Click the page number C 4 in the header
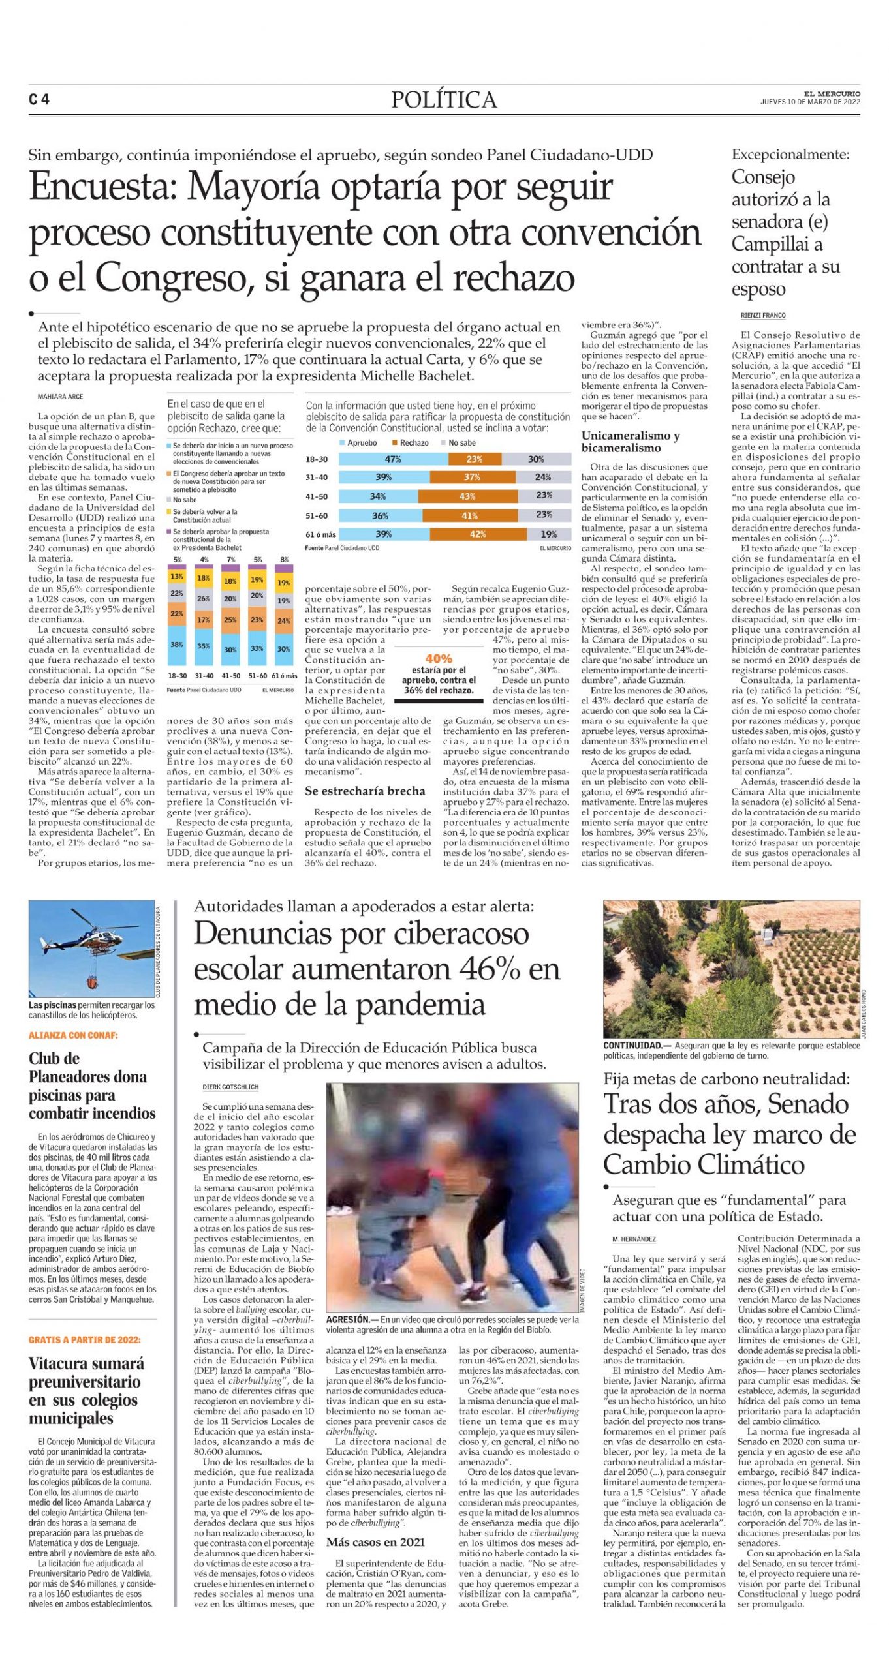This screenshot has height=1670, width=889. tap(39, 100)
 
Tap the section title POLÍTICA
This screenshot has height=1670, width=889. tap(444, 100)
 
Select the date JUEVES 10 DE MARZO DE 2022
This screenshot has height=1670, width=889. tap(810, 102)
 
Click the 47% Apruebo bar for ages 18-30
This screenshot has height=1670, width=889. tap(393, 459)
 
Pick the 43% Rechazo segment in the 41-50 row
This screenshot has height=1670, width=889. tap(468, 496)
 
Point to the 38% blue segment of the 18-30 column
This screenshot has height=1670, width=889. tap(177, 645)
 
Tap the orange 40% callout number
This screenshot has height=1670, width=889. tap(439, 659)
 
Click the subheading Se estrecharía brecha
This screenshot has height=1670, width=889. tap(365, 791)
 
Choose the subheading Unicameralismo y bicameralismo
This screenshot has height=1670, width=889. tap(631, 442)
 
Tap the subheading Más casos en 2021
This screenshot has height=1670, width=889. tap(375, 1542)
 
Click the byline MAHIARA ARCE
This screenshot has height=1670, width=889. tap(60, 397)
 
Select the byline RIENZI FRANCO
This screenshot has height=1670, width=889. tap(763, 316)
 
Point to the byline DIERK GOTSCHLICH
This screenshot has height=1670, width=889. tap(230, 1087)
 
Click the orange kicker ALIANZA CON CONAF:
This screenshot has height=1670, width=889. tap(73, 1035)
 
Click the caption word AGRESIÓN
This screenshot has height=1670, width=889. tap(348, 1320)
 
